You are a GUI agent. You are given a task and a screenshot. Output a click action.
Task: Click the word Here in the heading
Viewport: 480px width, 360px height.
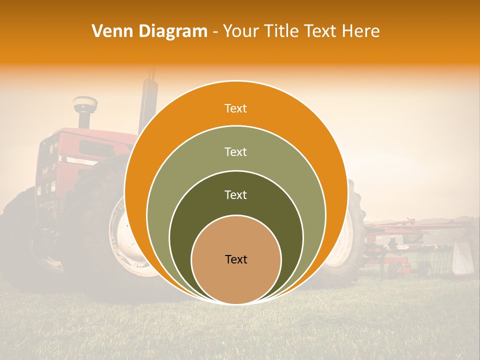pos(360,31)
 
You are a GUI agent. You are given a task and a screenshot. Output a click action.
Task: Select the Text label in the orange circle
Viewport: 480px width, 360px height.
pos(235,108)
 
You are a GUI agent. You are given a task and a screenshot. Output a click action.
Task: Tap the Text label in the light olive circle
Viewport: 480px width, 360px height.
pos(235,151)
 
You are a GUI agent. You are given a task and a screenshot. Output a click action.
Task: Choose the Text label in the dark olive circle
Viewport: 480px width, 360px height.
pos(235,194)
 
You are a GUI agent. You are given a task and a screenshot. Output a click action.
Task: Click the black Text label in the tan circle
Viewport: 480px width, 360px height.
pos(236,259)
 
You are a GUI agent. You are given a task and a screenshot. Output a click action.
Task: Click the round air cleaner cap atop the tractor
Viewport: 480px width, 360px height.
pos(85,104)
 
